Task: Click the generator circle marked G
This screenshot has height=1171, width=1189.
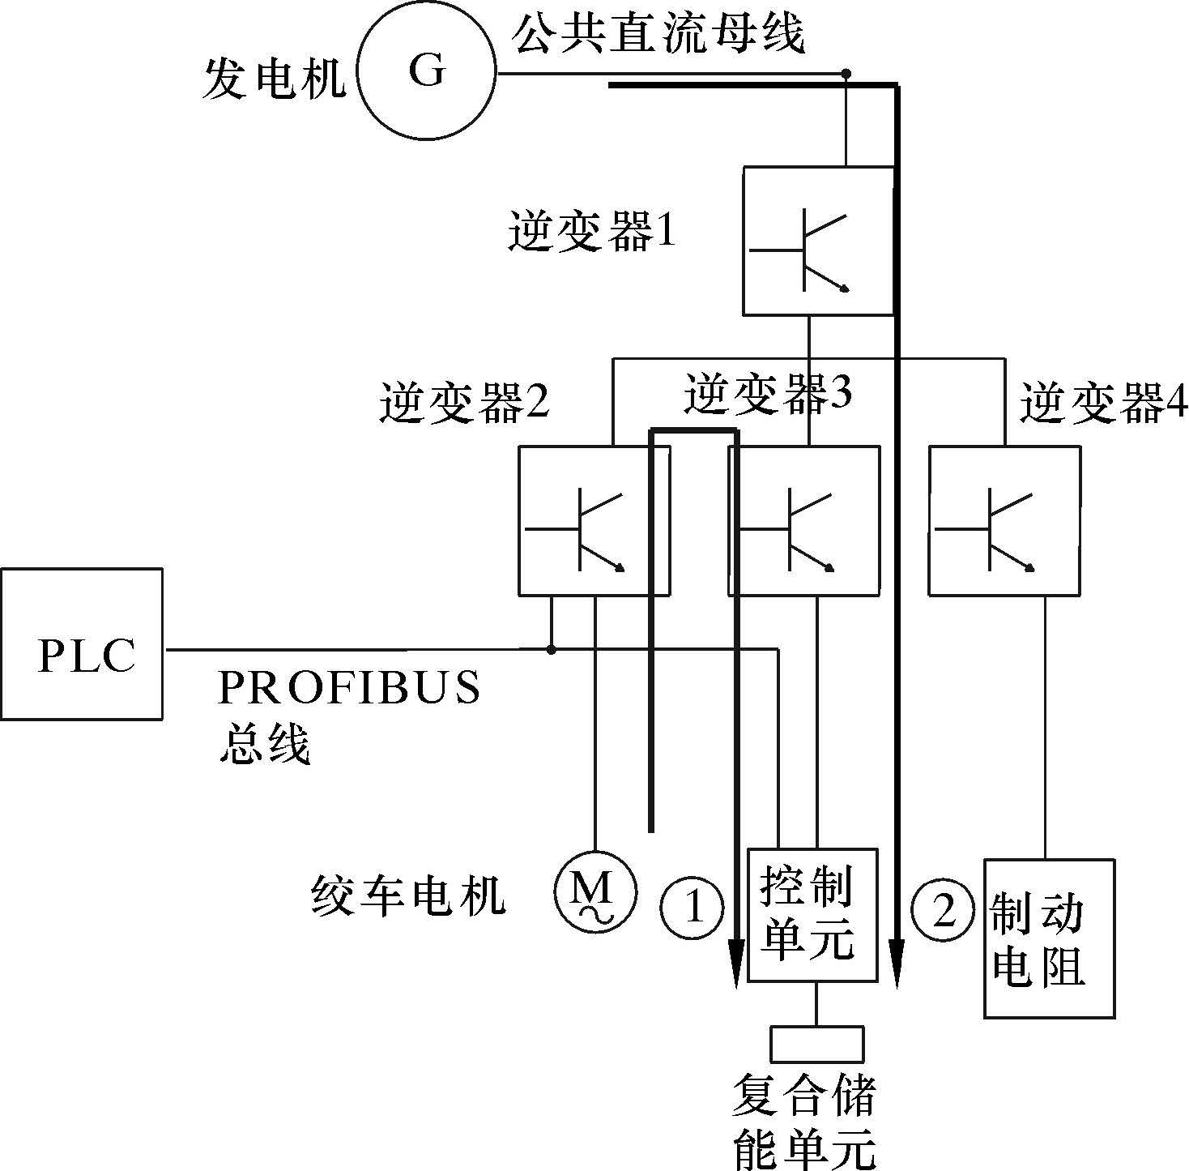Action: [427, 74]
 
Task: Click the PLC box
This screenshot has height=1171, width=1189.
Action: [82, 643]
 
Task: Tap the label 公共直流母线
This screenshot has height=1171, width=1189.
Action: [658, 35]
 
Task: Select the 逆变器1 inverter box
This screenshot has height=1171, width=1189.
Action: [819, 241]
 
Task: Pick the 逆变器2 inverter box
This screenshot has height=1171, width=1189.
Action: [594, 521]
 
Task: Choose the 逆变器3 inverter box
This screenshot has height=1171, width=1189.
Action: [803, 521]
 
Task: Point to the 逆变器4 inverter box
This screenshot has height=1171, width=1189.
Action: [1004, 521]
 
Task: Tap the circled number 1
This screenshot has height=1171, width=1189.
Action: [693, 907]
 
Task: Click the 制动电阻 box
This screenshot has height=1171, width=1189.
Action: [1049, 938]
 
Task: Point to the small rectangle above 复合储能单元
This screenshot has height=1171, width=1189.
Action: [816, 1044]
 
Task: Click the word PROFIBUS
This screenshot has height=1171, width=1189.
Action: [349, 689]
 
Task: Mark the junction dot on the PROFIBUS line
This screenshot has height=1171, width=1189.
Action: [552, 649]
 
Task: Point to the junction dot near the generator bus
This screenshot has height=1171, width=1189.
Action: [846, 74]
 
